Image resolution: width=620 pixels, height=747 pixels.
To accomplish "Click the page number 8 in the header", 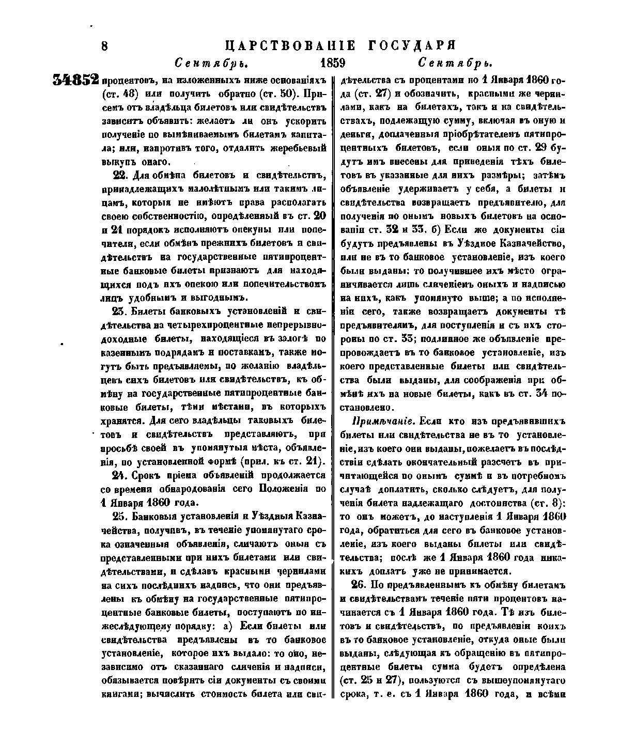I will coord(104,46).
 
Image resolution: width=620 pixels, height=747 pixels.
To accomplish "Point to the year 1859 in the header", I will coord(333,63).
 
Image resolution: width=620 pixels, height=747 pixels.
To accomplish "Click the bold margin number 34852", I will coord(76,80).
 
